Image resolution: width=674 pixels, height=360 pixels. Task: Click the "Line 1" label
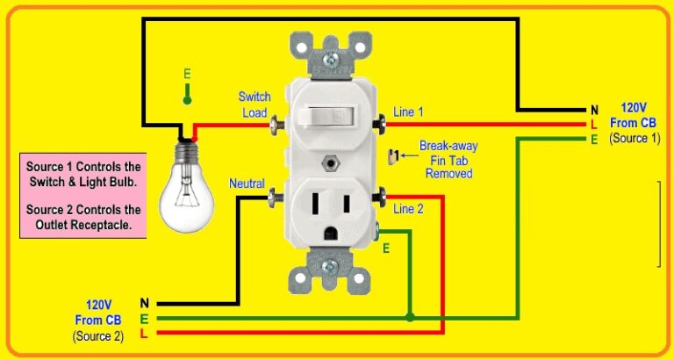coord(408,112)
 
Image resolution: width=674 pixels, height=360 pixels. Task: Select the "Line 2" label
coord(408,209)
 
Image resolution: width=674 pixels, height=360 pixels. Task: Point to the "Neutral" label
coord(247,184)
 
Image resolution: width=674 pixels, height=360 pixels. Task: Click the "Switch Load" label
coord(255,104)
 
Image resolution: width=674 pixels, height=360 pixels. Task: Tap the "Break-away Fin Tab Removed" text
coord(448,161)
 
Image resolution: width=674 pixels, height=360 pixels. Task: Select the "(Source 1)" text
coord(635,140)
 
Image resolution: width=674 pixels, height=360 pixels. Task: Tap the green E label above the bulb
coord(186,75)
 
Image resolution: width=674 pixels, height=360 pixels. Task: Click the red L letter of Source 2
coord(144,334)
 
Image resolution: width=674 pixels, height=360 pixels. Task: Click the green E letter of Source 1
coord(594,140)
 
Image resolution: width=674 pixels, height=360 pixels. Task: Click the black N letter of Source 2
coord(144,303)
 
